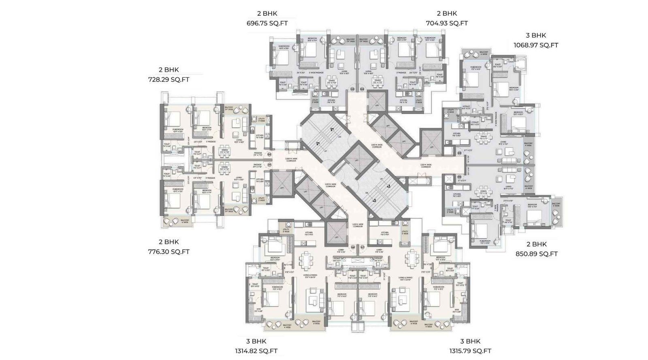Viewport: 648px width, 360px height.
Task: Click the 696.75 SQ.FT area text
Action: [267, 23]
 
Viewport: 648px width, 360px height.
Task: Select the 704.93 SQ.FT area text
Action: [447, 23]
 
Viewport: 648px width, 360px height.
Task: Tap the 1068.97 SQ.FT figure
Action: [536, 45]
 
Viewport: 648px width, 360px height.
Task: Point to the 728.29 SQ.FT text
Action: [168, 80]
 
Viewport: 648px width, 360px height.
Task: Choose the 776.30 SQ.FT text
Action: [168, 251]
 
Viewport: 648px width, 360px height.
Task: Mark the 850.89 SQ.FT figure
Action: [536, 254]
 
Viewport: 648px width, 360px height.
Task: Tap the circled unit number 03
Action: [352, 89]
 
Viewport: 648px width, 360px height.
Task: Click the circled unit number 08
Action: [353, 246]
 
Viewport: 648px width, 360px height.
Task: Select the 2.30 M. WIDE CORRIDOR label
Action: [426, 165]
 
